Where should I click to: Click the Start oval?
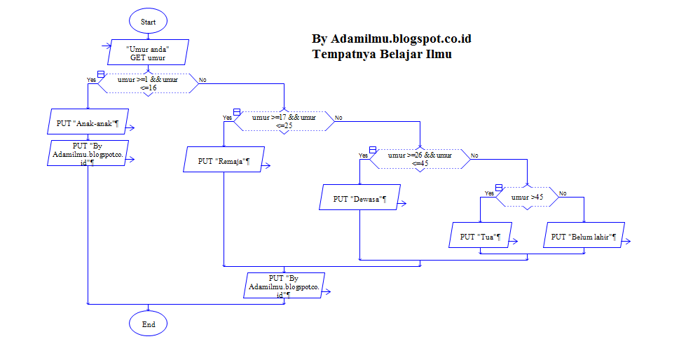(148, 22)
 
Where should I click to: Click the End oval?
(148, 324)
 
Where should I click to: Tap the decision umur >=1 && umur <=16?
(147, 83)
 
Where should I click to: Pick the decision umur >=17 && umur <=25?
(283, 121)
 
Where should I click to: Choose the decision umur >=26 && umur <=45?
(420, 159)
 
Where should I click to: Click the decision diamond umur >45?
(527, 198)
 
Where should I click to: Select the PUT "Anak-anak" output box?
(87, 123)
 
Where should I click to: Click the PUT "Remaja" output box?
(224, 161)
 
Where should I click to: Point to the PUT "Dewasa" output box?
(359, 199)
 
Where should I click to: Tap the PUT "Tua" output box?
(480, 237)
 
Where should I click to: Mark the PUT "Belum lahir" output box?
(584, 237)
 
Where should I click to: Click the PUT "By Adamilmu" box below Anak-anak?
(87, 153)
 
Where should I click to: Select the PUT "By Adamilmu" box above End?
(284, 286)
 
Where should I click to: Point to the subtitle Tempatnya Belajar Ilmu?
(382, 54)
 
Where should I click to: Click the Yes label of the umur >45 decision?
(489, 193)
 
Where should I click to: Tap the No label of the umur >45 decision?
(562, 193)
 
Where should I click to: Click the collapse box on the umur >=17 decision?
(237, 112)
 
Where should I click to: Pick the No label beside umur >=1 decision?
(203, 80)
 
